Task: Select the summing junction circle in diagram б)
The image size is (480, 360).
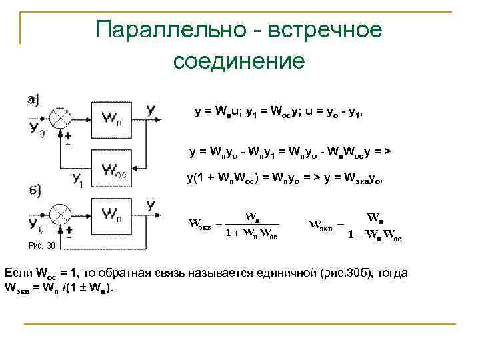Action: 61,215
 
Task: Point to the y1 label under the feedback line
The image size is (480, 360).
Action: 77,178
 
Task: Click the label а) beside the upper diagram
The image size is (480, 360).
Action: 33,99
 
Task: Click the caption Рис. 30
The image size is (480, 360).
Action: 41,245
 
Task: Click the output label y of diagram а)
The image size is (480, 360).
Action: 151,109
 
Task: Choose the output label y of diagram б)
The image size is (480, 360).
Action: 151,205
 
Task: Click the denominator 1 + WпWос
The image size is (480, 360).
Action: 251,233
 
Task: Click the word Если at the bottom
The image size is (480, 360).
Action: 19,274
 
